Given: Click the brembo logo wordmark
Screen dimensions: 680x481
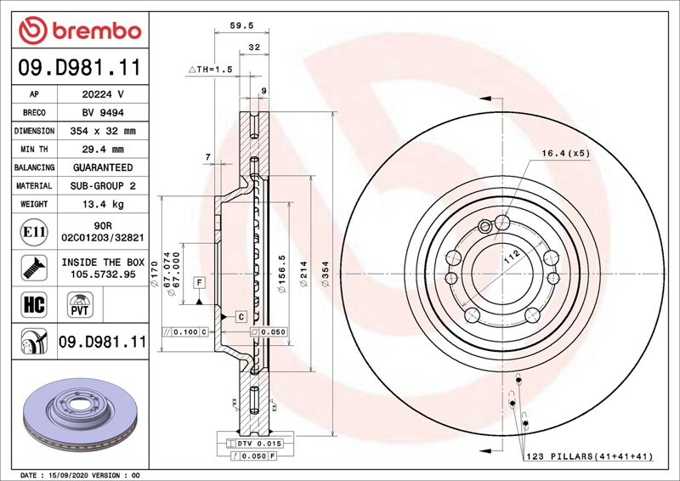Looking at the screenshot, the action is pyautogui.click(x=97, y=31).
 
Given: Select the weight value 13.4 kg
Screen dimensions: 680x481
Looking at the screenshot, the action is pyautogui.click(x=103, y=204).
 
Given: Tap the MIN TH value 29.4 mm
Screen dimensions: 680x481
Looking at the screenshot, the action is pyautogui.click(x=103, y=150).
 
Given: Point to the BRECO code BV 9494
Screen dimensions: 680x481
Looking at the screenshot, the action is pyautogui.click(x=103, y=113).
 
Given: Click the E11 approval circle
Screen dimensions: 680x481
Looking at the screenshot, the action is pyautogui.click(x=34, y=232).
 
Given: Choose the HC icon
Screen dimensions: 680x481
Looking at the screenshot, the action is pyautogui.click(x=34, y=304).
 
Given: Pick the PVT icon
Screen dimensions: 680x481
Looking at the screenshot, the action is pyautogui.click(x=80, y=304).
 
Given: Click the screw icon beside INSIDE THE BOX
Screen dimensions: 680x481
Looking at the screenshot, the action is pyautogui.click(x=34, y=268).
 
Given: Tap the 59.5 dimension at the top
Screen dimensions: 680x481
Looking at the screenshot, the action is pyautogui.click(x=241, y=25).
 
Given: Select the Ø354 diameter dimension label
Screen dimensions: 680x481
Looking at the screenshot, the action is pyautogui.click(x=326, y=274).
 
